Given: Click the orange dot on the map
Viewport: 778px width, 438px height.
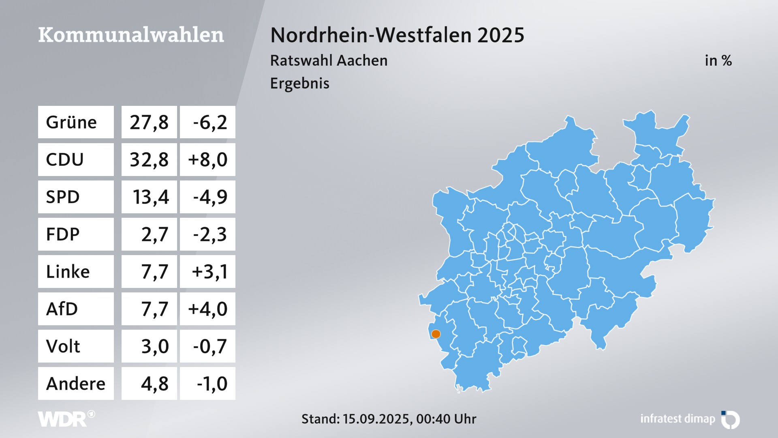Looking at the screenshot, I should pyautogui.click(x=436, y=334).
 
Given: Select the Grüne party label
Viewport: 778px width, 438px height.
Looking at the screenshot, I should pyautogui.click(x=71, y=122).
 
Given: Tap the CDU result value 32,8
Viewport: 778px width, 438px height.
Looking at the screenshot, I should pyautogui.click(x=149, y=159).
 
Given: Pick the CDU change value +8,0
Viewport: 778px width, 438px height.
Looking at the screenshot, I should pyautogui.click(x=207, y=159).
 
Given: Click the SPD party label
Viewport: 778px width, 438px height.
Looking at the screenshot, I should pyautogui.click(x=63, y=197).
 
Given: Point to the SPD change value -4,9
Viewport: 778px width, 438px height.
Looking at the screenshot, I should pyautogui.click(x=210, y=197).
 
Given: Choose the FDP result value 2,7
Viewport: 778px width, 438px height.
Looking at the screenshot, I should pyautogui.click(x=154, y=234).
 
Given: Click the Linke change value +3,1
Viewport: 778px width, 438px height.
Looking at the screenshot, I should pyautogui.click(x=209, y=271).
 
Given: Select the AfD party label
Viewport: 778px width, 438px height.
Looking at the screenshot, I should pyautogui.click(x=62, y=309).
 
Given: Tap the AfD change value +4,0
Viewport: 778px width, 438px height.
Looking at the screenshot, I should pyautogui.click(x=207, y=309).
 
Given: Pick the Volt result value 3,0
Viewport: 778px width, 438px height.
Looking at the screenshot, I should pyautogui.click(x=154, y=346).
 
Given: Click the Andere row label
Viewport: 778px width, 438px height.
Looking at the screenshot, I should pyautogui.click(x=76, y=383).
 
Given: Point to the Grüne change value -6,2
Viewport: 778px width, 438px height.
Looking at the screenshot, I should pyautogui.click(x=210, y=122).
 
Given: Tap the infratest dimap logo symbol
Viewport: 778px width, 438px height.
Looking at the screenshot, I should pyautogui.click(x=731, y=419).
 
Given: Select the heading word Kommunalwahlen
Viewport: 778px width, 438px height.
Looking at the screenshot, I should pyautogui.click(x=131, y=35).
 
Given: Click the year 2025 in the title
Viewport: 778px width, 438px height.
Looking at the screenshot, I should pyautogui.click(x=500, y=35).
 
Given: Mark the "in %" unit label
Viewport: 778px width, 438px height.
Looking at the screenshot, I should pyautogui.click(x=718, y=60).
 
